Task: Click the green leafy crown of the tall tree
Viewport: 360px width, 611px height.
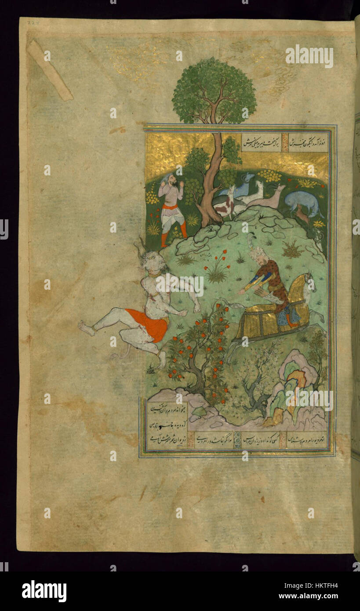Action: coord(214,91)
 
